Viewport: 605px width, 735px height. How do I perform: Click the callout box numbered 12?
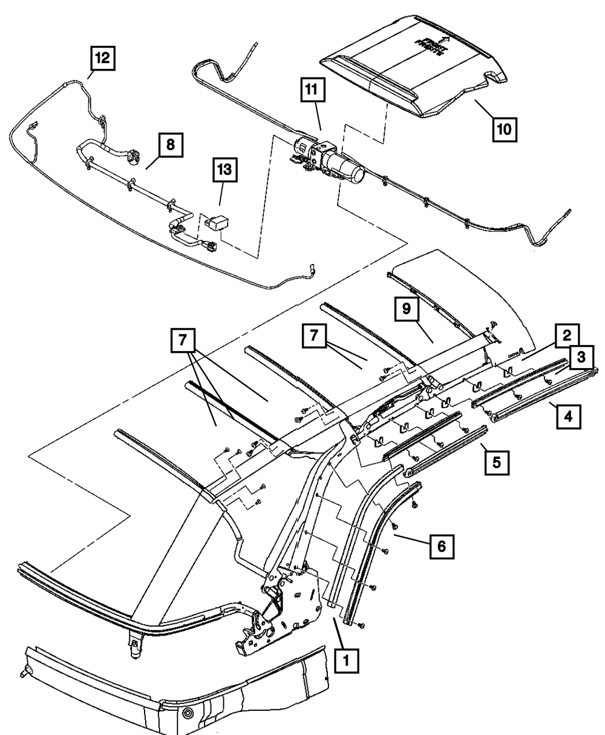point(102,59)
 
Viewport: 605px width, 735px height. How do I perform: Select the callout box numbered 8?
point(171,145)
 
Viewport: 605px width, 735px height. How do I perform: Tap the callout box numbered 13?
point(225,171)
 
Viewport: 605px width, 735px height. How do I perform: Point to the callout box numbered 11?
point(311,91)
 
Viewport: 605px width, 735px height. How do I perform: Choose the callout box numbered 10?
point(504,128)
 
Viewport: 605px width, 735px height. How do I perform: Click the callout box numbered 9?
point(406,309)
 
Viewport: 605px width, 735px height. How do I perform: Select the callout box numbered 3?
point(580,358)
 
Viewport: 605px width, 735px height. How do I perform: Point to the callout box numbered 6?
point(441,546)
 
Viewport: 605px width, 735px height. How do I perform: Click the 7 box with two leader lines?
point(181,343)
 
